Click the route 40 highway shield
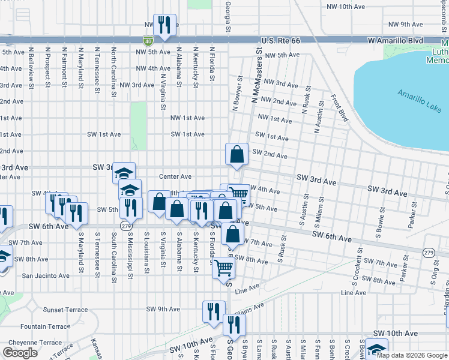148,41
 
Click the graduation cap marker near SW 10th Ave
376,349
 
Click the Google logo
20,353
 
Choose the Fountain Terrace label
45,326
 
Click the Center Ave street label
175,176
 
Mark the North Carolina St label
113,73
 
